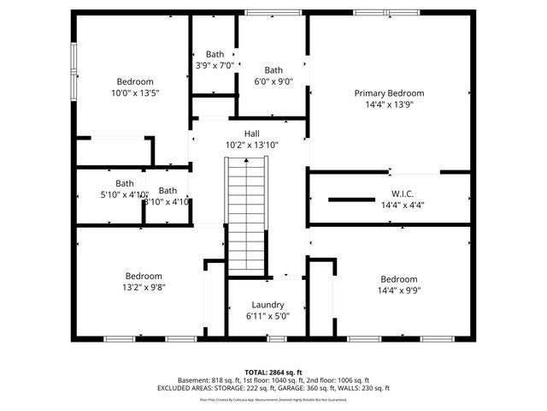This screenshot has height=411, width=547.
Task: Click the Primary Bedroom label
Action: [x=389, y=93]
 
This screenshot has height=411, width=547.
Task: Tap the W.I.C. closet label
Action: [x=402, y=194]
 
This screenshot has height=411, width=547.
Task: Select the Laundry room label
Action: [x=268, y=305]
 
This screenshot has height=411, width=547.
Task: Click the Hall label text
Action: [x=252, y=134]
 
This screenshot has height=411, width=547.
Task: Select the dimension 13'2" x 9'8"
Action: [x=144, y=288]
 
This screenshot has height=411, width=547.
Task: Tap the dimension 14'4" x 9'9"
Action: [x=399, y=291]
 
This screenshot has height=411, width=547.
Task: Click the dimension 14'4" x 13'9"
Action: [x=389, y=105]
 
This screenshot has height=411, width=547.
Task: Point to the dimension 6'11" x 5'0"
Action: [x=268, y=316]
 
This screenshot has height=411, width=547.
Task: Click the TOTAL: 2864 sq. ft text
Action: [x=273, y=372]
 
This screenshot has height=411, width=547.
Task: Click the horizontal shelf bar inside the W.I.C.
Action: [x=352, y=200]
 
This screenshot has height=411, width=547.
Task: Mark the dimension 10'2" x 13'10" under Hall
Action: [x=252, y=146]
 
